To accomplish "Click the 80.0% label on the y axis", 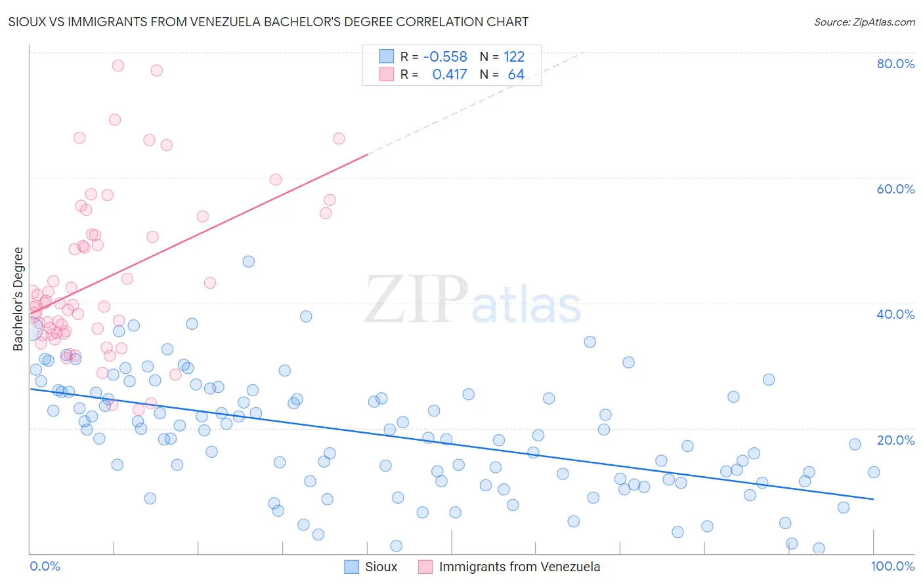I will click(x=895, y=64).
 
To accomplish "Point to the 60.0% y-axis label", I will click(x=895, y=189).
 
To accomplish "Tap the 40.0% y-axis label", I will click(x=895, y=314).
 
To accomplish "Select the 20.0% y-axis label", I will click(x=895, y=439).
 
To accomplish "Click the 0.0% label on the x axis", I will click(x=45, y=566).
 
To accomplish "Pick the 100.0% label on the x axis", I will click(x=892, y=566).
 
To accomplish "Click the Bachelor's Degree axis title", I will click(x=18, y=298).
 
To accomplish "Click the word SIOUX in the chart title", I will click(x=28, y=22).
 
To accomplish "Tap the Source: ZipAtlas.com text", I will click(x=864, y=22).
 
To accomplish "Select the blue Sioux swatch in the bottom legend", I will click(x=352, y=567).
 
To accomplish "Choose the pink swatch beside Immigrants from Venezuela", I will click(x=425, y=567).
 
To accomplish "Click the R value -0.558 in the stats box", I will click(x=445, y=56).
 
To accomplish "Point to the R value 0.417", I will click(x=449, y=74).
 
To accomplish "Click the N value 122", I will click(x=514, y=56).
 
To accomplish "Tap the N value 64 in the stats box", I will click(x=516, y=74).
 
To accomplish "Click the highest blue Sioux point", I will click(x=249, y=262).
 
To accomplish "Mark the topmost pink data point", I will click(x=118, y=66).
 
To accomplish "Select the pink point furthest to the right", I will click(x=339, y=138).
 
